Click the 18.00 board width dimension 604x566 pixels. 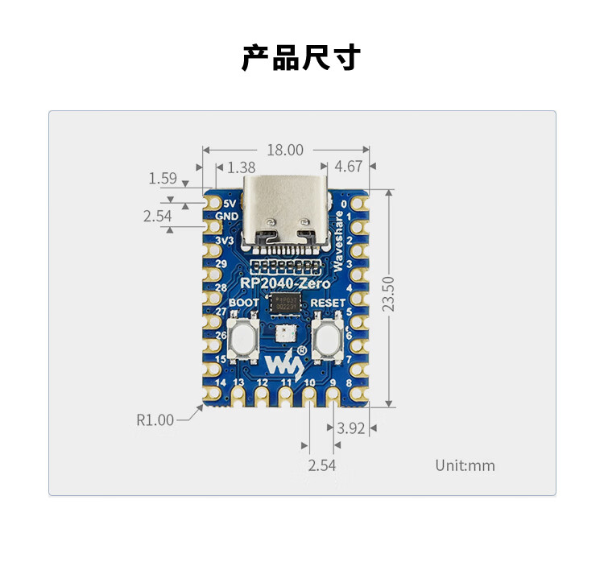click(x=285, y=150)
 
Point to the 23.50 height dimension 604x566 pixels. click(x=389, y=295)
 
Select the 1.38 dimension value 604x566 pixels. click(x=242, y=167)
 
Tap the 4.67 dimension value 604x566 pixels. click(x=348, y=167)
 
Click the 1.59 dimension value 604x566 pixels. click(x=163, y=178)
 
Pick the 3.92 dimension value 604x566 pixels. click(x=351, y=428)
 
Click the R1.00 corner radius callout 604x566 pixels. click(x=155, y=419)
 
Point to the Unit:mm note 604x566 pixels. click(x=465, y=465)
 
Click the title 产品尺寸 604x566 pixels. click(x=301, y=58)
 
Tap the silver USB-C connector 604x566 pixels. click(x=285, y=213)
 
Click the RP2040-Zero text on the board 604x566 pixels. click(x=284, y=283)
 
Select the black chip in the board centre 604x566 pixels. click(x=285, y=304)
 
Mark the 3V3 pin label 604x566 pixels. click(x=225, y=241)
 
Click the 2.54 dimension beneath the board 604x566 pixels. click(x=321, y=465)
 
